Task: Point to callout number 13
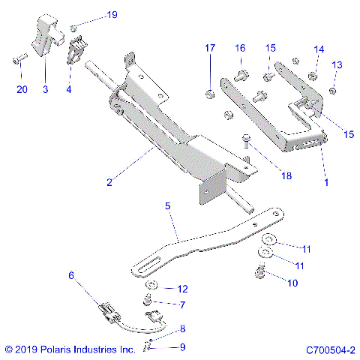(x=337, y=65)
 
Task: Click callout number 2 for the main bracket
(x=109, y=182)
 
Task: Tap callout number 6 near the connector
(x=72, y=276)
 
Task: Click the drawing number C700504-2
(x=330, y=349)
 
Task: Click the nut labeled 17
(x=211, y=94)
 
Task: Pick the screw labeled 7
(x=148, y=301)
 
